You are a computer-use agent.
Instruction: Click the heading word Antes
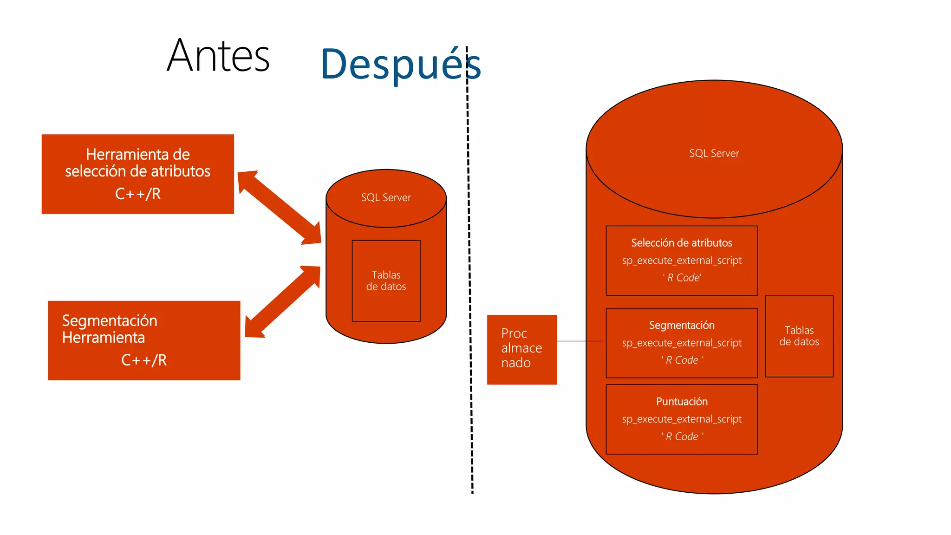(218, 56)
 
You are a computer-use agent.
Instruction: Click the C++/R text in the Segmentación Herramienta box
(144, 360)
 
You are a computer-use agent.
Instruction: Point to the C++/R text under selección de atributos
(138, 194)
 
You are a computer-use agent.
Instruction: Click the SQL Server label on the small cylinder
(386, 197)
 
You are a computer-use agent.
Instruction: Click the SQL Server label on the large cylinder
(714, 153)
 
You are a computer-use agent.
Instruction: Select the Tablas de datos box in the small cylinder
(386, 281)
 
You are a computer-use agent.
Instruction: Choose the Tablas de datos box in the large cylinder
(799, 336)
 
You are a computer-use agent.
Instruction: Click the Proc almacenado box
(521, 349)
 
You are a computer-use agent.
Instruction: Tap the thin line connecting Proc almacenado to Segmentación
(580, 341)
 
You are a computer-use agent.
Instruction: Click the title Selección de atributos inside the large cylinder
(681, 243)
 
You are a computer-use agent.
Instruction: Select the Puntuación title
(681, 401)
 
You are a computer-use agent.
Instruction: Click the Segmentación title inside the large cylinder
(681, 325)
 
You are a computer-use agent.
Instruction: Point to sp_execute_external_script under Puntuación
(681, 419)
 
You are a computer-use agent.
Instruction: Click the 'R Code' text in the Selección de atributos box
(682, 278)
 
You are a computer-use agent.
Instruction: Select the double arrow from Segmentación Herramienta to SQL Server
(282, 301)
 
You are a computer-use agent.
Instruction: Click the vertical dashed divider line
(469, 279)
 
